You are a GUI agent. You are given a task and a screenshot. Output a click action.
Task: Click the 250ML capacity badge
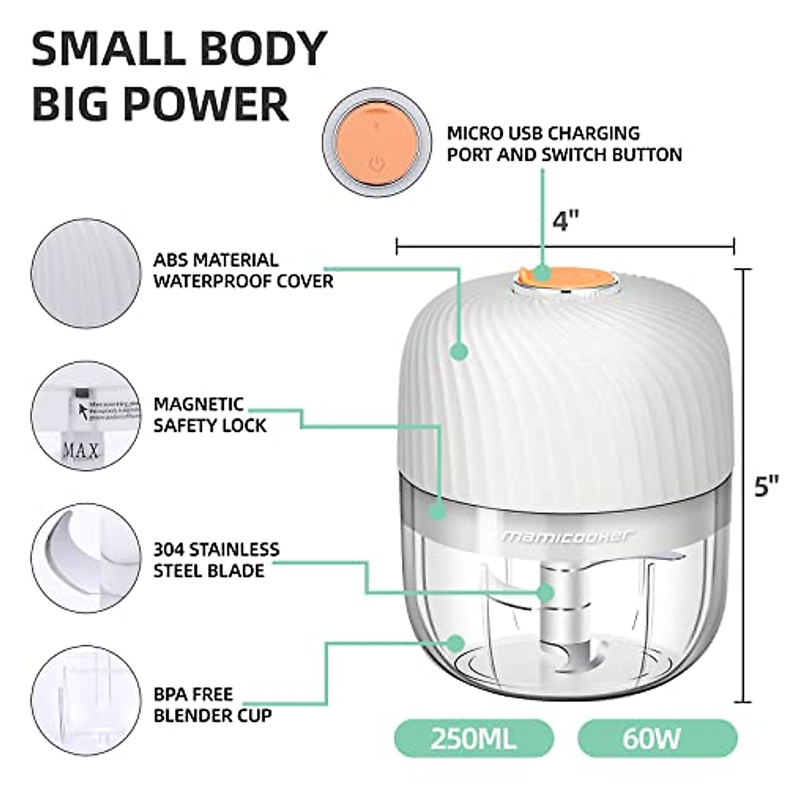(x=473, y=738)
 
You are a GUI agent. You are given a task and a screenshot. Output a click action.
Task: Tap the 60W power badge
(x=657, y=738)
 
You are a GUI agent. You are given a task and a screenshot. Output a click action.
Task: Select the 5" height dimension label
(x=766, y=486)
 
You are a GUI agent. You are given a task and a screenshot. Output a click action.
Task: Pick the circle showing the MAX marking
(x=86, y=416)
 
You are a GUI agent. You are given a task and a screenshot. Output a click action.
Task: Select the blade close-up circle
(x=86, y=559)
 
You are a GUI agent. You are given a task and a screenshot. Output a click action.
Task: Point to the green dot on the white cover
(x=460, y=351)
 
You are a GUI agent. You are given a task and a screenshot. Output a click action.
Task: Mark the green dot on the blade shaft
(x=545, y=592)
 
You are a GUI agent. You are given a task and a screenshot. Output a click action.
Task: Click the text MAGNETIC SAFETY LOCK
(x=209, y=414)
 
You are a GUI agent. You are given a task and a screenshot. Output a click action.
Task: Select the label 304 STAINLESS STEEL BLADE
(x=216, y=559)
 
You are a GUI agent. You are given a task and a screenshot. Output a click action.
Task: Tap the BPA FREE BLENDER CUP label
(x=212, y=704)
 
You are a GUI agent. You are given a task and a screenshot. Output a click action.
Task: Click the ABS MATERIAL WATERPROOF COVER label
(x=243, y=271)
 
